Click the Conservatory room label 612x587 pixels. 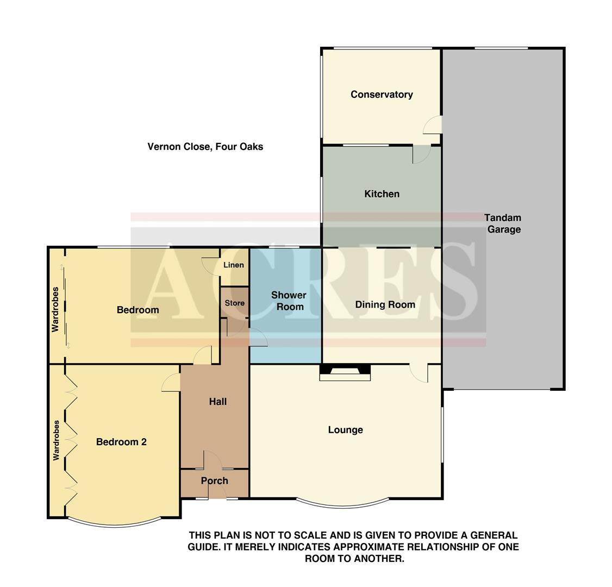pos(382,95)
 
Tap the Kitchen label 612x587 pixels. pos(382,194)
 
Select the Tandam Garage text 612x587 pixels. pos(503,223)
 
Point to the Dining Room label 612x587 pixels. pos(385,305)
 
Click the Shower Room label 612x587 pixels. pos(289,301)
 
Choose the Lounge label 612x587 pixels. pos(345,430)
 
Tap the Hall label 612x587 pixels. pos(217,402)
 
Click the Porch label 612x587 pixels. pos(214,480)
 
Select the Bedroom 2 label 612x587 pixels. pos(121,442)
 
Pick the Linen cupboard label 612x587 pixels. pos(234,265)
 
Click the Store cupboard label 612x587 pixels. pos(234,303)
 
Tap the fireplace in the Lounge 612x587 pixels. pos(345,372)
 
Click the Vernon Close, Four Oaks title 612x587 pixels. pos(205,147)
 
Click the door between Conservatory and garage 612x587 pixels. pos(433,125)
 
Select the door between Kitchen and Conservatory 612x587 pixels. pos(421,154)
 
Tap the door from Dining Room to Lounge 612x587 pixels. pos(419,373)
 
